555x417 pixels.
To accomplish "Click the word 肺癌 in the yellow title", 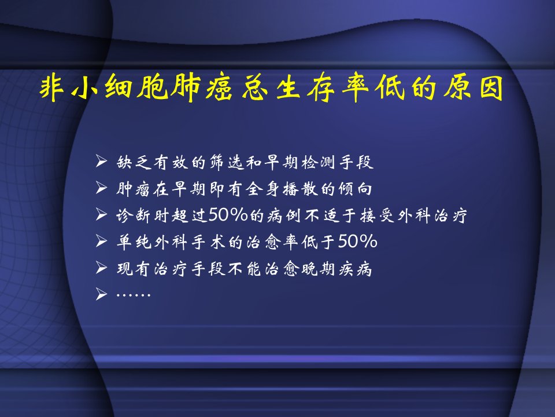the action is (202, 87).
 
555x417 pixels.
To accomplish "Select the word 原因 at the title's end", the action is (473, 87).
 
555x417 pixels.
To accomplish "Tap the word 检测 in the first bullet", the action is (319, 162).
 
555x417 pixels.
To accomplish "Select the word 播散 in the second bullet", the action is (300, 189).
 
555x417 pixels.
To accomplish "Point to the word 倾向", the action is (356, 189).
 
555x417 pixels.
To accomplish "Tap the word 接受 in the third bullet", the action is (378, 215).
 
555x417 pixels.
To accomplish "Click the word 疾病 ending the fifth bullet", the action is (356, 268).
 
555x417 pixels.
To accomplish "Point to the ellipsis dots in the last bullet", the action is (134, 295).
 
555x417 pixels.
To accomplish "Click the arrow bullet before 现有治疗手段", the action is (101, 268).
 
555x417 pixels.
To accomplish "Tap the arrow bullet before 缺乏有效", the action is (101, 162).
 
